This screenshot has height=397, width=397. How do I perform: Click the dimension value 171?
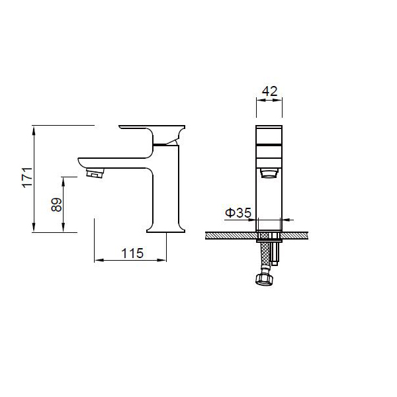(x=28, y=177)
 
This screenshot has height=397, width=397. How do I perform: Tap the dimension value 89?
(x=56, y=204)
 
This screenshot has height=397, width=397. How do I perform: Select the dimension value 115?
(x=132, y=253)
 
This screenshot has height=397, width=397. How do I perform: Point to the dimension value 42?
(x=270, y=91)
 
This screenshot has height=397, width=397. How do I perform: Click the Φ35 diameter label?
(x=238, y=212)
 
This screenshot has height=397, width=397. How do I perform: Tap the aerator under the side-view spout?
(x=95, y=173)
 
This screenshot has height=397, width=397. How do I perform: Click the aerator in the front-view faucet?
(x=269, y=174)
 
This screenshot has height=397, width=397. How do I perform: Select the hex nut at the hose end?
(x=264, y=279)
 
